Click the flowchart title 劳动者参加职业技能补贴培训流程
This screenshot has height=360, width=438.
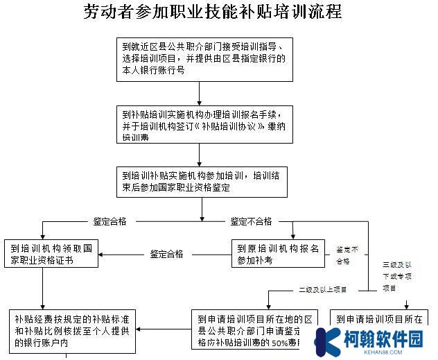tap(213, 12)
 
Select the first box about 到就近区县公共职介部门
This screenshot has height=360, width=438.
tap(201, 58)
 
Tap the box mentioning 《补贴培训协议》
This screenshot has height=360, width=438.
tap(201, 125)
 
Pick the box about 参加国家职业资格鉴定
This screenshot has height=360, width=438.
tap(201, 181)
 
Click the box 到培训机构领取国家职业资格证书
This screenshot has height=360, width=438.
tap(51, 254)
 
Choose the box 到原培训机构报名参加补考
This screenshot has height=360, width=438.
tap(278, 254)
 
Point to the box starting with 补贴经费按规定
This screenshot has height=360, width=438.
tap(72, 330)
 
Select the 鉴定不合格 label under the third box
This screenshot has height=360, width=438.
tap(251, 221)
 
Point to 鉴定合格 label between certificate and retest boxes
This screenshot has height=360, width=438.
tap(166, 254)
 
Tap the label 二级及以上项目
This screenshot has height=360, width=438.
tap(322, 289)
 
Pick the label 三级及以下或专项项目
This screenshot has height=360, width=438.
tap(399, 276)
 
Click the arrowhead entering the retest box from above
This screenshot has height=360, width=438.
tap(293, 236)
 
